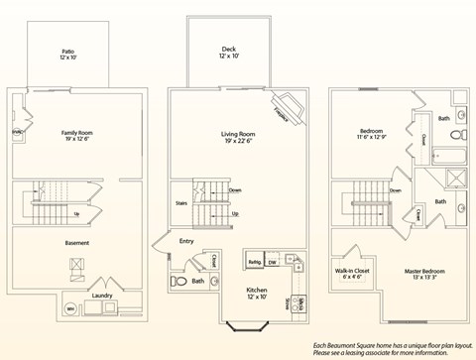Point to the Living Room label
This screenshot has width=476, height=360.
click(238, 136)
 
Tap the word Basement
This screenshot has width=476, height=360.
click(76, 243)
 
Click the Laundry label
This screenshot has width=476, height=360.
click(103, 295)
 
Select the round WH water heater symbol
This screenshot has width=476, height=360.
click(70, 309)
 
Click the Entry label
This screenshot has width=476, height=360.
click(186, 240)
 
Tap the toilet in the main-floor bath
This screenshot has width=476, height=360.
click(178, 282)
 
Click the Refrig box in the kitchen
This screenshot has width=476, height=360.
click(253, 263)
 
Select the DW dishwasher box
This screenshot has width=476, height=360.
click(273, 263)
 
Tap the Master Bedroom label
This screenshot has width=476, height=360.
click(425, 274)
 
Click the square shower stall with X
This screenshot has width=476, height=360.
click(457, 179)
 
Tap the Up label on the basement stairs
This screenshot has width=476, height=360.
click(77, 212)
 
